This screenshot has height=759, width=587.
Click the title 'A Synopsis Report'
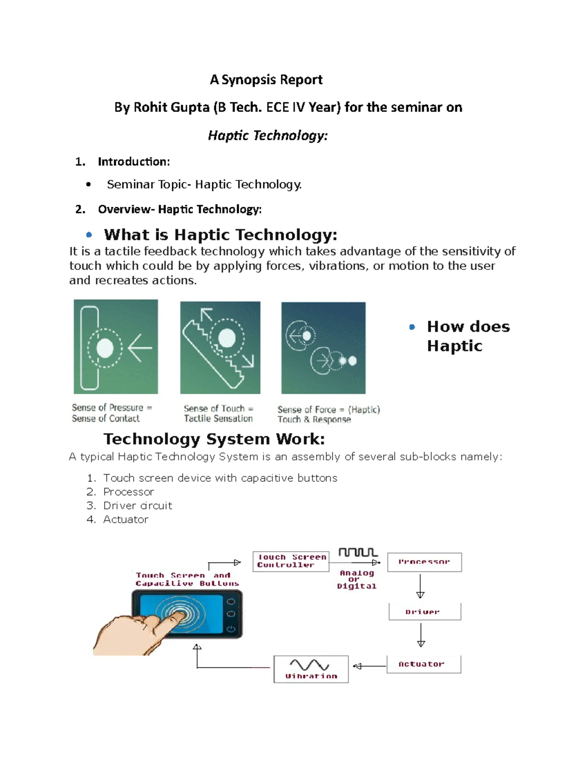266,80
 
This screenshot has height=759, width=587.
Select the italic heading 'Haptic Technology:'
268,135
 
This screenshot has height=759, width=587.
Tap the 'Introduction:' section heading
134,162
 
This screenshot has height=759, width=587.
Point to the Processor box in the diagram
424,562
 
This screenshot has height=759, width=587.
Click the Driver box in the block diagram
425,611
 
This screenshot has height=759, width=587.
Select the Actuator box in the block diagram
424,664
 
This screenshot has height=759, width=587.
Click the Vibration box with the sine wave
311,669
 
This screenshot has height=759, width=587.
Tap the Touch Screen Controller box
291,561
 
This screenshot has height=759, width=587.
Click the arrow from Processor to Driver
420,586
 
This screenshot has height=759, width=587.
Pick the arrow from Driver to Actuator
421,635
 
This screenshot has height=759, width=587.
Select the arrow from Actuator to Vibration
369,666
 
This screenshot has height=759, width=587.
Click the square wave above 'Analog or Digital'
358,552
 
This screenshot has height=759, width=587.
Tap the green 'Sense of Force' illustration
323,348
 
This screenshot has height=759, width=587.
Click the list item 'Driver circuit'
137,506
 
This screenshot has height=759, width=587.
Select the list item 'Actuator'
126,520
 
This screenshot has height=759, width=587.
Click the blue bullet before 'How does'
412,327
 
